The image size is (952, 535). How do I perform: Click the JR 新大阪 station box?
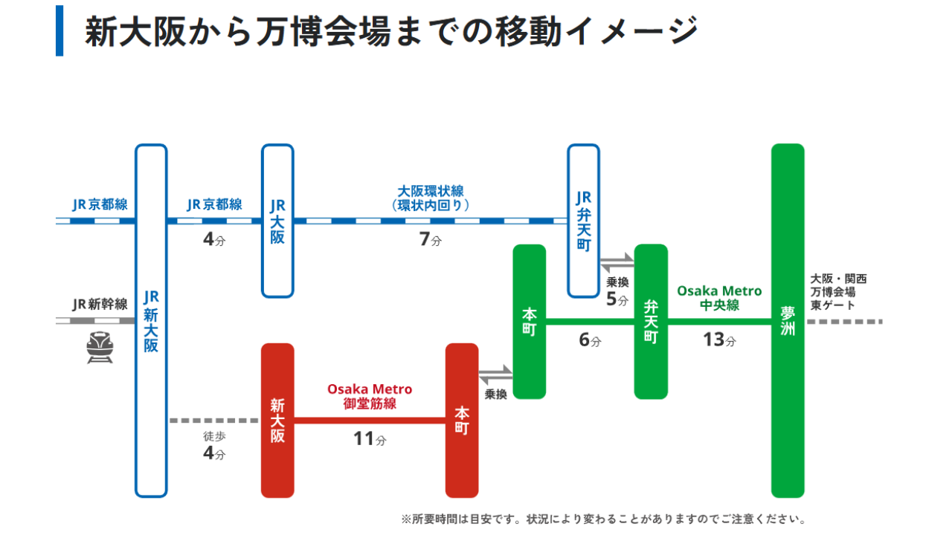[x=151, y=320]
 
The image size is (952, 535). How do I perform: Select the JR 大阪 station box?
[x=277, y=221]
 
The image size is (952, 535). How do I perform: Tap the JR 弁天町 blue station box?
[x=584, y=221]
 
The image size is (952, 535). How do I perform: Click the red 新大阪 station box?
[x=277, y=420]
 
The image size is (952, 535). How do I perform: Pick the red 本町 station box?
[x=462, y=420]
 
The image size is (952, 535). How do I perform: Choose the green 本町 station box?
[x=530, y=321]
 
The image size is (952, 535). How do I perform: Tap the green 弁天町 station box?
[x=651, y=321]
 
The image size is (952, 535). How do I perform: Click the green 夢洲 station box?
[x=788, y=320]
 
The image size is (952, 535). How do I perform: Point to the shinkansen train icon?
[x=100, y=347]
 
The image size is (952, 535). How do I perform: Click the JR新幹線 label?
[x=100, y=304]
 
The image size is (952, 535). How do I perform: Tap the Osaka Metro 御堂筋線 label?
[x=370, y=396]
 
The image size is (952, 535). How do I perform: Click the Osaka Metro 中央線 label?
[x=719, y=297]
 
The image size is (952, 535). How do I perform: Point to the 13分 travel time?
[x=719, y=340]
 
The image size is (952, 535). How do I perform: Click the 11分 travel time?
[x=370, y=439]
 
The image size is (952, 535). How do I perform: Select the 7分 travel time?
[x=430, y=240]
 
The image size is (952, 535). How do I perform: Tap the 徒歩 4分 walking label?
[x=214, y=445]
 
